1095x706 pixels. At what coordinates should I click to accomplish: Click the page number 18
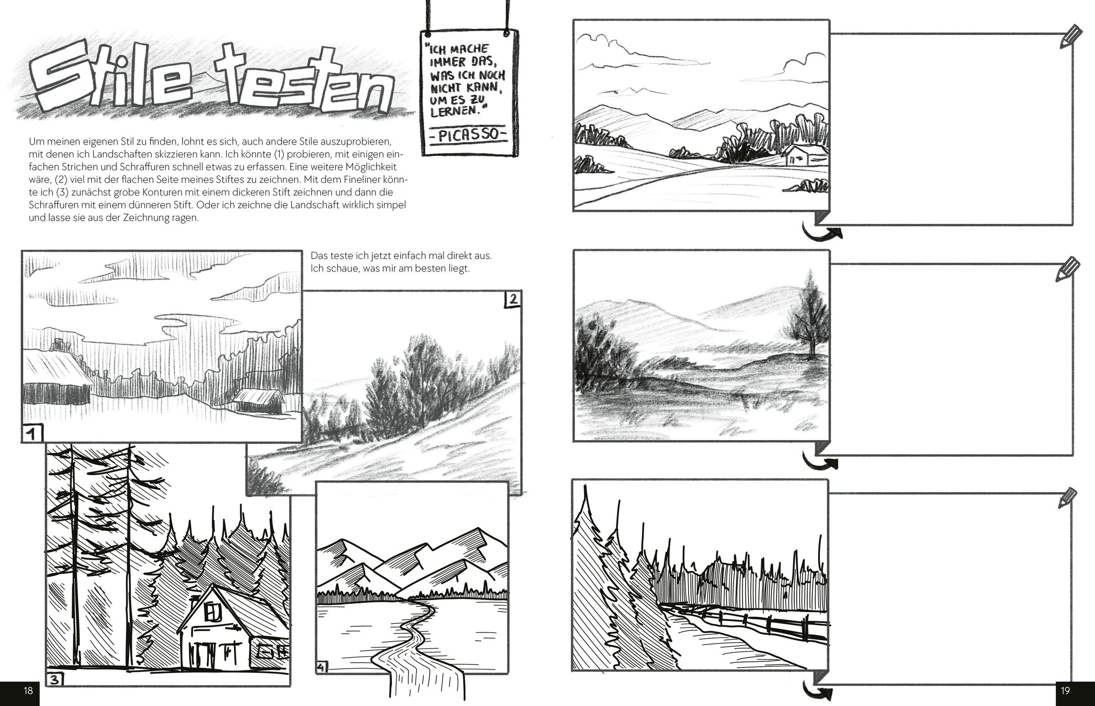pyautogui.click(x=28, y=690)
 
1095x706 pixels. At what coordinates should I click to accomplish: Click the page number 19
pyautogui.click(x=1065, y=690)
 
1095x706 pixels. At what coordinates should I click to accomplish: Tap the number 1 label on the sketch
pyautogui.click(x=31, y=434)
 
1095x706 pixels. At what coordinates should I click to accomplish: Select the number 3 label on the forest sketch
pyautogui.click(x=55, y=680)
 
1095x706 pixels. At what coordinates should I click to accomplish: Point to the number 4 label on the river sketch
pyautogui.click(x=322, y=668)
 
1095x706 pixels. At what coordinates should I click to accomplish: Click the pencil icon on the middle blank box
pyautogui.click(x=1068, y=269)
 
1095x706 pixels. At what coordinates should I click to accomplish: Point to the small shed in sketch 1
pyautogui.click(x=258, y=401)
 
